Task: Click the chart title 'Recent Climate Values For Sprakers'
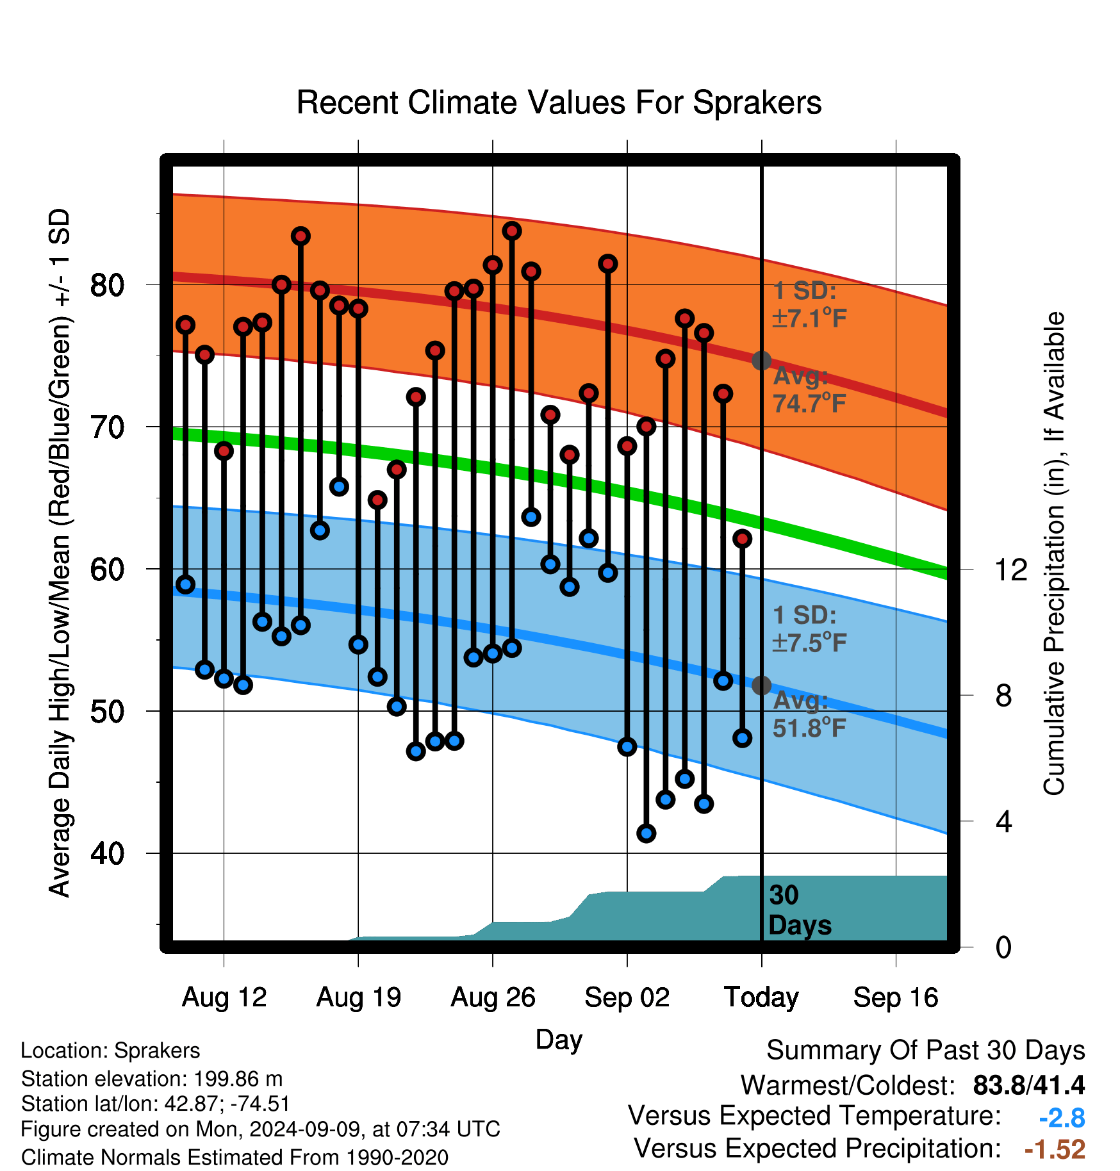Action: pos(559,102)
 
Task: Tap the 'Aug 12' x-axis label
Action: pos(224,997)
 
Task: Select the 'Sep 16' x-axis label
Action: pos(896,997)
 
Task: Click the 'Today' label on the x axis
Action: pos(761,997)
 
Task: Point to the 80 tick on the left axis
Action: pos(107,284)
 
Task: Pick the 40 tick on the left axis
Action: pos(107,853)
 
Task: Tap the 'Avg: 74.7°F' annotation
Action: pos(809,389)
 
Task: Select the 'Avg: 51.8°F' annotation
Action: pos(809,714)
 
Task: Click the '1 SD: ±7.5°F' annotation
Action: pos(809,628)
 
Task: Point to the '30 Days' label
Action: pos(800,910)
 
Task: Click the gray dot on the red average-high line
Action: pos(761,361)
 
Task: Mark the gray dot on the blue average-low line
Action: pos(761,685)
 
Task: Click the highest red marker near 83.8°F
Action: pos(512,231)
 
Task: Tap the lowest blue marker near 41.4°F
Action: pos(646,833)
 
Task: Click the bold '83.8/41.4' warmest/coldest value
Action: pos(1029,1085)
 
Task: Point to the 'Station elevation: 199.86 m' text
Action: pos(152,1079)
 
